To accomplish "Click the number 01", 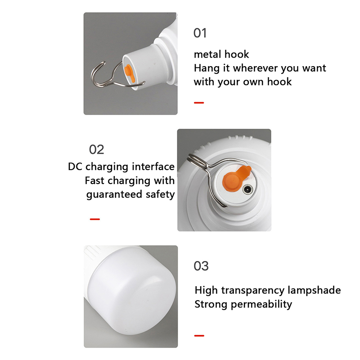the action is [200, 33].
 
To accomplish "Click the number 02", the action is [96, 150].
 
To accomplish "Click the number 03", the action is [201, 266].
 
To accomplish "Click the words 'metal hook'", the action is [221, 54].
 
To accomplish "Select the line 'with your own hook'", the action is [243, 82].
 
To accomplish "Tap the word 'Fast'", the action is [95, 181].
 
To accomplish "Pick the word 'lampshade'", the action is [314, 290].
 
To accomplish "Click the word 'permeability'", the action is [261, 305].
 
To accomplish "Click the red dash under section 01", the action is [199, 103].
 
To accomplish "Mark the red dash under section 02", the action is [95, 219].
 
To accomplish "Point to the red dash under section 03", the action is [199, 336].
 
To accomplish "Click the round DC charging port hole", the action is [247, 189].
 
